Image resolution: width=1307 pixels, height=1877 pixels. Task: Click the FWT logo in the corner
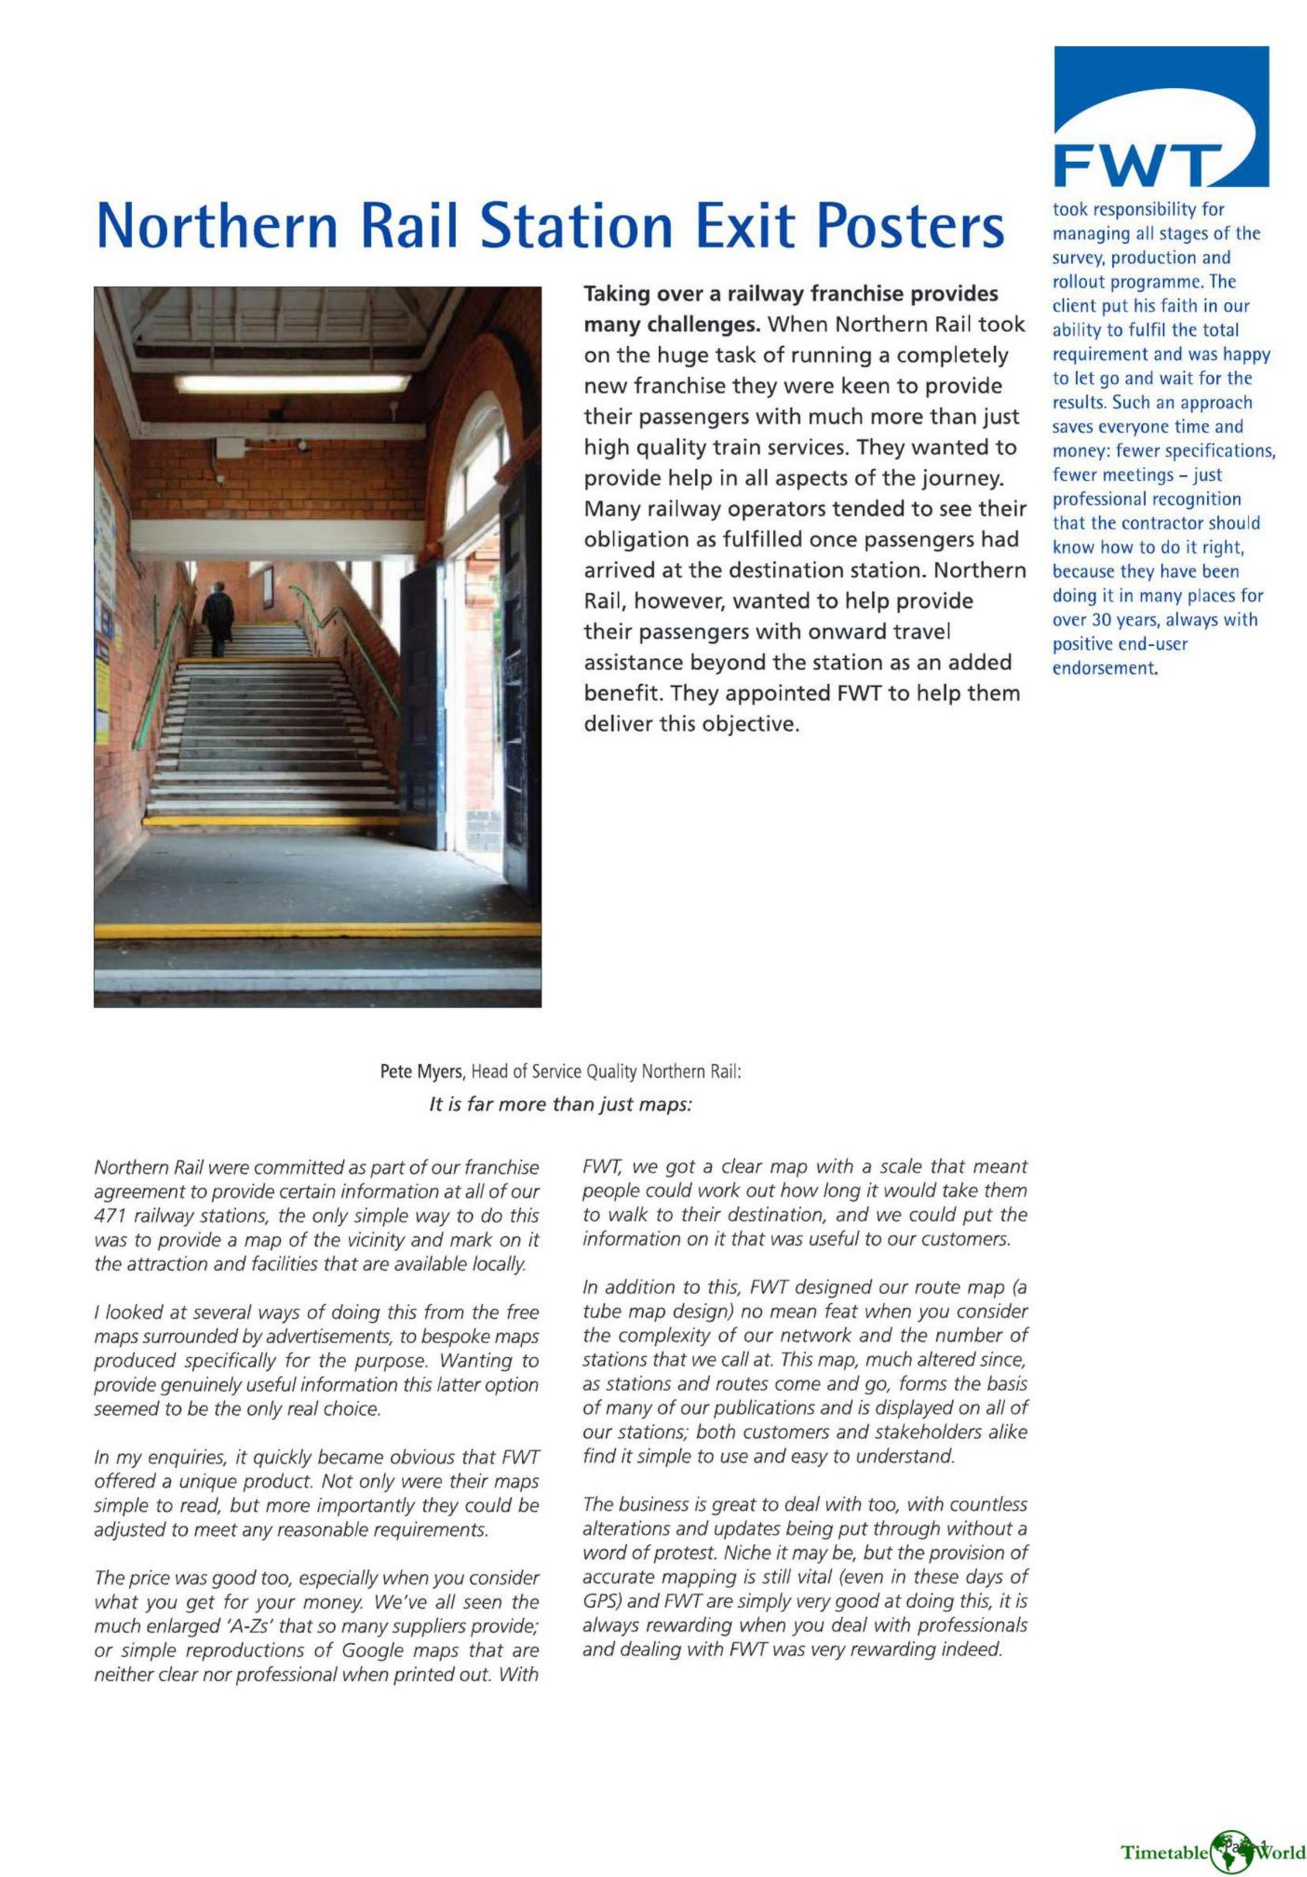point(1160,117)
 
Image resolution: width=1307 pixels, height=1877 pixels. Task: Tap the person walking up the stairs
point(218,618)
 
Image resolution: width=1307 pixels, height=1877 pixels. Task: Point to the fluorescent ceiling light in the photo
point(292,382)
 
